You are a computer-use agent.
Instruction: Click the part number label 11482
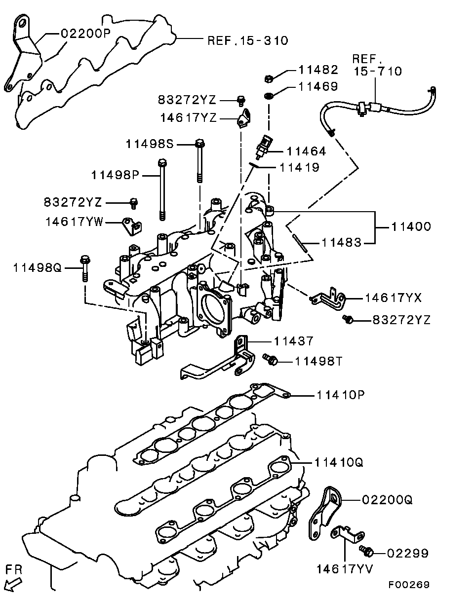point(318,70)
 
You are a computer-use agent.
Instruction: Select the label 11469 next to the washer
point(318,86)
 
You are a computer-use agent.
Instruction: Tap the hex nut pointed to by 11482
point(268,79)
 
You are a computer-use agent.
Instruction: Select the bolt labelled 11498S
point(199,161)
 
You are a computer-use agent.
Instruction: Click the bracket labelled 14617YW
point(132,226)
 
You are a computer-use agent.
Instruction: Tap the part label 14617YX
point(393,298)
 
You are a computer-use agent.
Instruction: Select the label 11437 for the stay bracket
point(294,341)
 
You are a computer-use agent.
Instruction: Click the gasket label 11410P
point(340,395)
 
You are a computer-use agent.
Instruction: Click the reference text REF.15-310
point(248,41)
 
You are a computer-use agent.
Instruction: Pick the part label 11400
point(411,226)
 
